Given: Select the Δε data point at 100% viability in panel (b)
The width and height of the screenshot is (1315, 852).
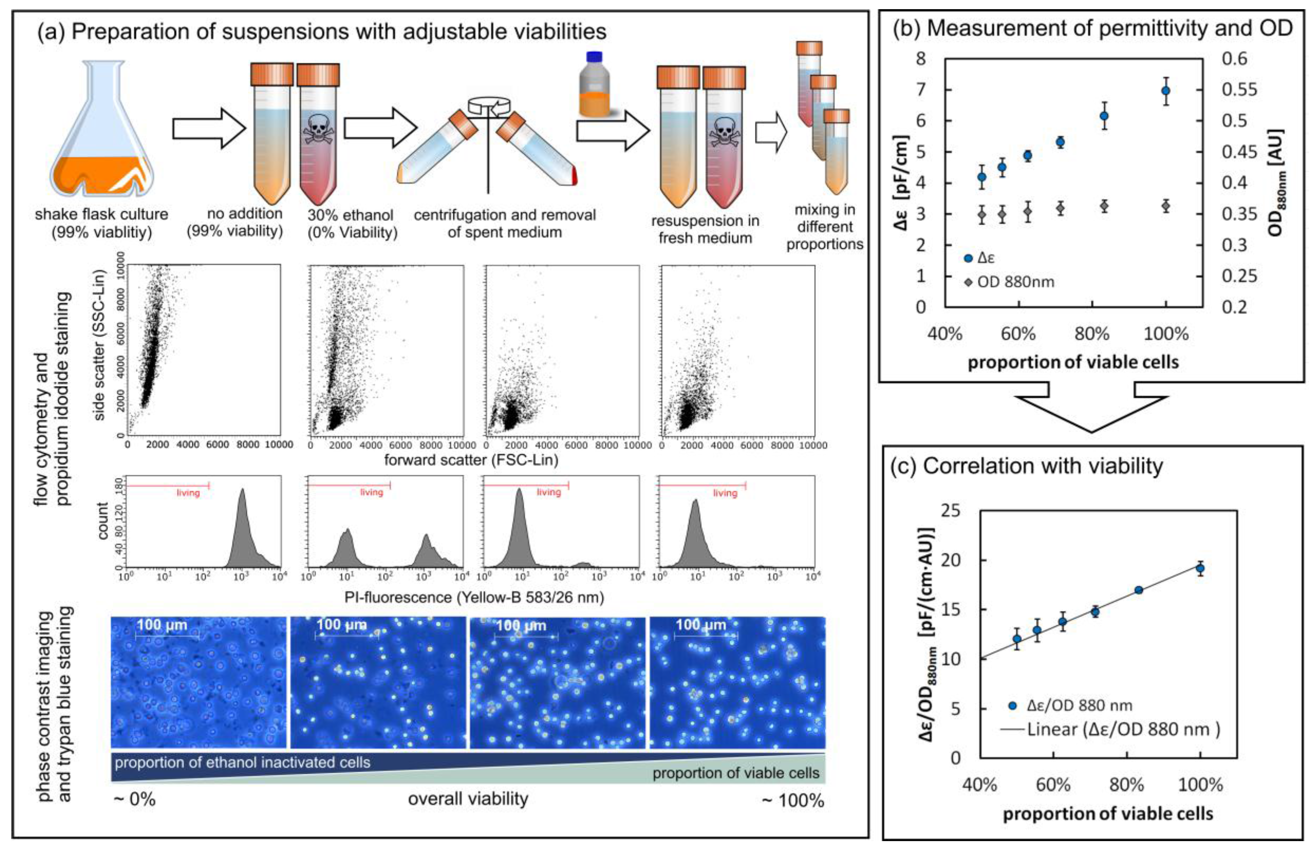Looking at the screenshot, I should (x=1166, y=90).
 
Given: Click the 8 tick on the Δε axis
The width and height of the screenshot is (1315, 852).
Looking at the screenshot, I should (x=920, y=58).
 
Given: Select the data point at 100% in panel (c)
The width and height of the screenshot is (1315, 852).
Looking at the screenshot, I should (x=1200, y=568).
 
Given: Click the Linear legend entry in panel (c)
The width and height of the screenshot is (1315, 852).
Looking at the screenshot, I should (x=1110, y=729).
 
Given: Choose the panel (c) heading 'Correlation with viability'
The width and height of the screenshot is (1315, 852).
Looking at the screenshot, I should (x=1028, y=466).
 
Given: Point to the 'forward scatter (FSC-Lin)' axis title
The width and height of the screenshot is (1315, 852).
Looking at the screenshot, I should (x=471, y=460).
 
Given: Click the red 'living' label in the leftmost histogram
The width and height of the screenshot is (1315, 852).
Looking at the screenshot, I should (x=188, y=492).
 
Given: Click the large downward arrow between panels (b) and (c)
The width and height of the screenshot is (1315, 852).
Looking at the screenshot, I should (x=1091, y=412).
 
